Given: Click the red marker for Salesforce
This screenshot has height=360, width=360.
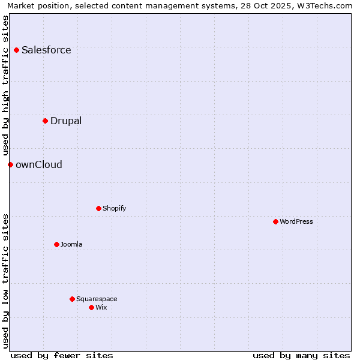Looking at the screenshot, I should [16, 50].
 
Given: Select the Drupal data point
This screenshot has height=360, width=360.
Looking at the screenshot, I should [45, 121].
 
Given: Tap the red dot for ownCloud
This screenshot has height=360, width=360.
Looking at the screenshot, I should [10, 164].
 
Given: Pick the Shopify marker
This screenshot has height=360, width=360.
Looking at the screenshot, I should [98, 209].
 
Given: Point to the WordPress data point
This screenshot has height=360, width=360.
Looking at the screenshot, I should [275, 222].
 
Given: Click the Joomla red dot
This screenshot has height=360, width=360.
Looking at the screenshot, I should [56, 244].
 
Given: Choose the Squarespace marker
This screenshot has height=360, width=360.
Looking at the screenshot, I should [72, 299].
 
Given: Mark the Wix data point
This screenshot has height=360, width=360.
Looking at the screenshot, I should [91, 307].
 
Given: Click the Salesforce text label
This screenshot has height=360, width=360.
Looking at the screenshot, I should [46, 50].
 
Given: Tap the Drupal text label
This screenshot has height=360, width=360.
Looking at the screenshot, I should [66, 121].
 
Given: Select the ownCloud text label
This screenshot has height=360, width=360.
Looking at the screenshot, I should [39, 165].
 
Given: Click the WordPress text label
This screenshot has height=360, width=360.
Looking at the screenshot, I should [296, 222].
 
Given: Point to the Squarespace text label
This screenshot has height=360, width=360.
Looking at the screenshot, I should [97, 299].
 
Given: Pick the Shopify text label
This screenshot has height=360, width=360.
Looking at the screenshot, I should [114, 209].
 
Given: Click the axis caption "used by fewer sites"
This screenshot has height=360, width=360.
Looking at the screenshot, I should [62, 355].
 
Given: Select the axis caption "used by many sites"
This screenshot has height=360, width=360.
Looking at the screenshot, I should [301, 355].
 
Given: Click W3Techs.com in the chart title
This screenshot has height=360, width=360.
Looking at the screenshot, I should [325, 5].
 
